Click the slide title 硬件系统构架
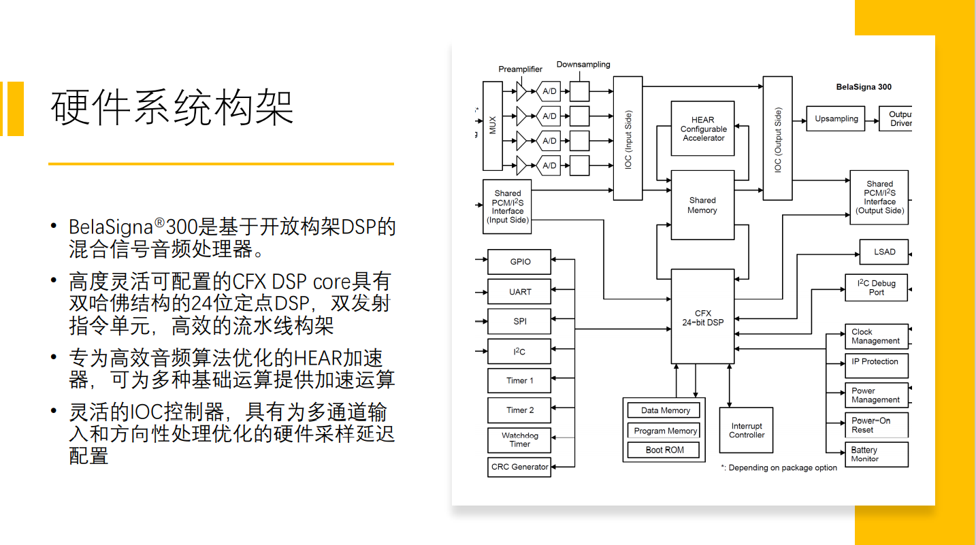(172, 107)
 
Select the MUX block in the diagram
(492, 126)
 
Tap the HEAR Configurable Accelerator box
(703, 129)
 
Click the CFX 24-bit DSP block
(703, 317)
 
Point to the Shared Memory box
(702, 205)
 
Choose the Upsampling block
(836, 119)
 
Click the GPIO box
(519, 262)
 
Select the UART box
(519, 292)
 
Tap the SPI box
(519, 322)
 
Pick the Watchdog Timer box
(519, 440)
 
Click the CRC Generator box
(519, 467)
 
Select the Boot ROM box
(664, 450)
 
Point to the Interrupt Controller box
(747, 430)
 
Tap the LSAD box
(884, 252)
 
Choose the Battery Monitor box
(877, 454)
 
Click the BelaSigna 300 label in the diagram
(864, 87)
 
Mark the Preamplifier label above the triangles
(520, 69)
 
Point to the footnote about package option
(779, 468)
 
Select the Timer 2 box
(519, 410)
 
